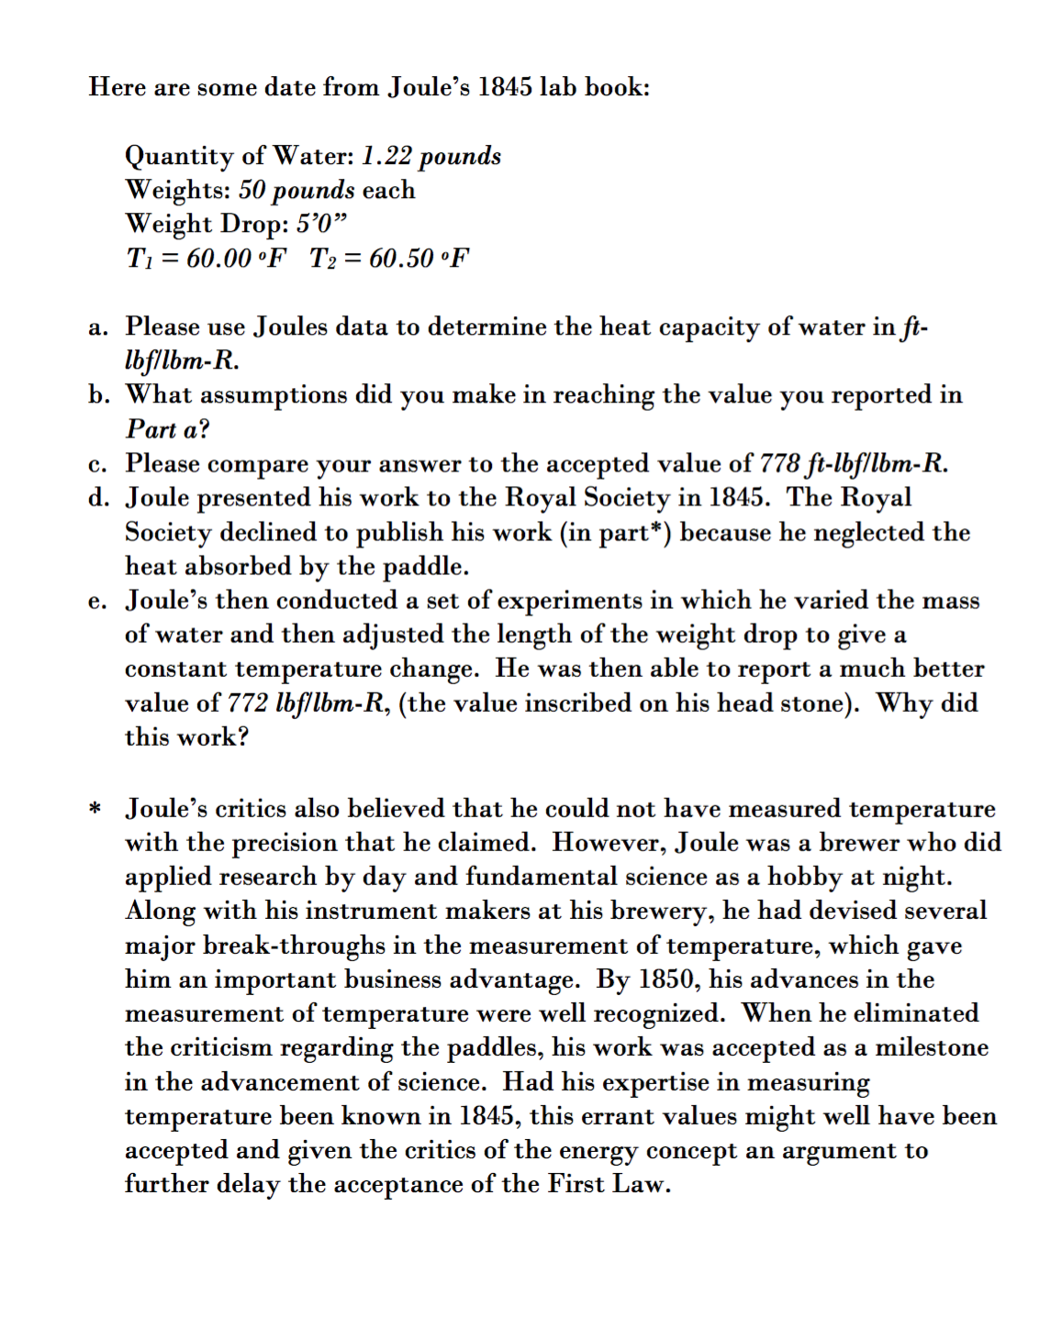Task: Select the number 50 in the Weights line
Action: point(251,190)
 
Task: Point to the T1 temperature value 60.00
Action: point(218,259)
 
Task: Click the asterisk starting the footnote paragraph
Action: point(95,809)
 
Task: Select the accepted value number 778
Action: point(779,463)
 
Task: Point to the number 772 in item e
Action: point(248,703)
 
